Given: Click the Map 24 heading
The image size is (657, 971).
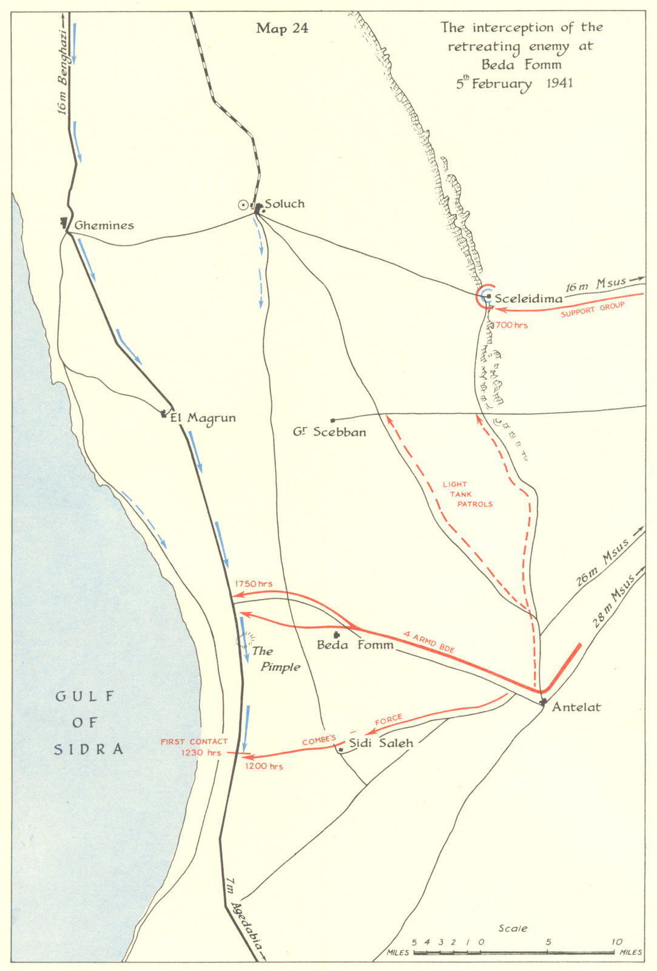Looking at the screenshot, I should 282,29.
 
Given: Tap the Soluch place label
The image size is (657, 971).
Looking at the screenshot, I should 285,204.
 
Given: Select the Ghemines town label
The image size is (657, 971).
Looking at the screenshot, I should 104,226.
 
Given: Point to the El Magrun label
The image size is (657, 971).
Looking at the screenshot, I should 203,418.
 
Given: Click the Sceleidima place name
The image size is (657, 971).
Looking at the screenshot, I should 528,299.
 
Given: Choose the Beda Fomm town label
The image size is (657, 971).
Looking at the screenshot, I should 355,645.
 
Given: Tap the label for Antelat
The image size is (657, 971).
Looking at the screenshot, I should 576,707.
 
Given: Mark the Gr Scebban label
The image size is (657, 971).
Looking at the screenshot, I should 329,433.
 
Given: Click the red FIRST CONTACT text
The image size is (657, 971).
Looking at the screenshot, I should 194,742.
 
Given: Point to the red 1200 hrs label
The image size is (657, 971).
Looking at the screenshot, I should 264,766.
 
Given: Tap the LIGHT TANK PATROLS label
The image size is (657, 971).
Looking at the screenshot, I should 467,494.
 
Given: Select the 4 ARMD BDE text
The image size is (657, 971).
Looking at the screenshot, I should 429,643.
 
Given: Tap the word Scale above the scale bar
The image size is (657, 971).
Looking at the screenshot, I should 513,929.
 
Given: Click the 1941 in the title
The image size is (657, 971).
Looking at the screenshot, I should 559,83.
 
